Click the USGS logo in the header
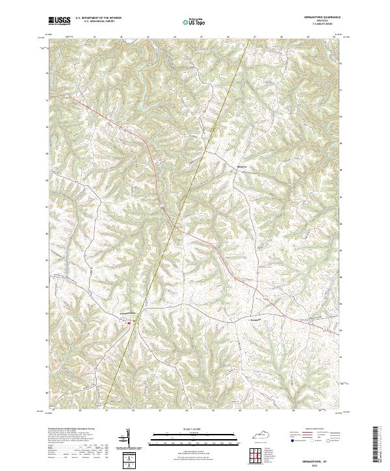tap(59, 21)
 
